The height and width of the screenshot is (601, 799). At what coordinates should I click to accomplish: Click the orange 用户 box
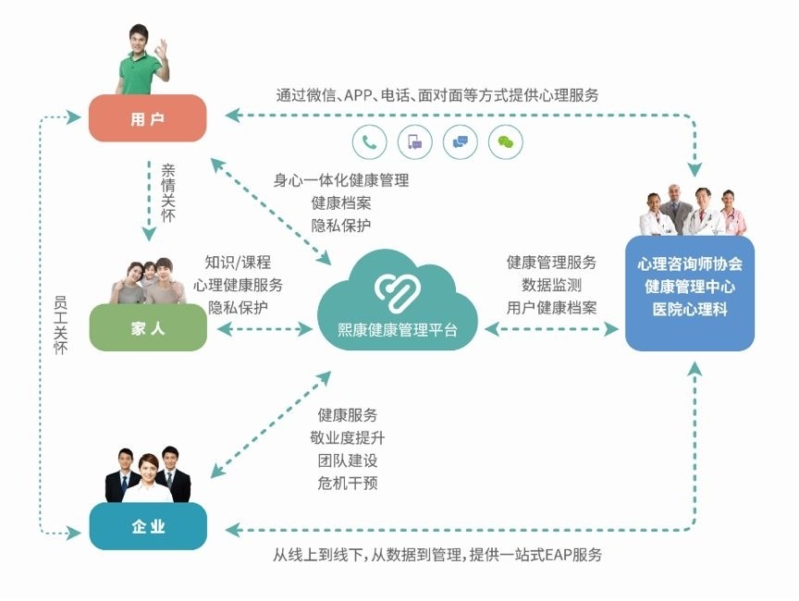pyautogui.click(x=147, y=118)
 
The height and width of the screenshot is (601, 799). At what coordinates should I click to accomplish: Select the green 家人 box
pyautogui.click(x=148, y=327)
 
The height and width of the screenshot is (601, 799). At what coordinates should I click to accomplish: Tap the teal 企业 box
pyautogui.click(x=148, y=527)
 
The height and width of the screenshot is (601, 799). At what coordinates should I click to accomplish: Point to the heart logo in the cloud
pyautogui.click(x=398, y=288)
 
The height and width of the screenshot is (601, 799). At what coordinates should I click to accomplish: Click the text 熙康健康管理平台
pyautogui.click(x=398, y=329)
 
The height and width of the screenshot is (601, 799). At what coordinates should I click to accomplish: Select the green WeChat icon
pyautogui.click(x=505, y=141)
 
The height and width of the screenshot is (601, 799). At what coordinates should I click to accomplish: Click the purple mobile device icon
pyautogui.click(x=415, y=141)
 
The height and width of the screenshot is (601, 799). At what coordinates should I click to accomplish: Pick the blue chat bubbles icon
pyautogui.click(x=461, y=141)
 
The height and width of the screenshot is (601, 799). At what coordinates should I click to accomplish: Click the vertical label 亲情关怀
pyautogui.click(x=167, y=192)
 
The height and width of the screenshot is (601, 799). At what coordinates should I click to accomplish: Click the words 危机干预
pyautogui.click(x=348, y=483)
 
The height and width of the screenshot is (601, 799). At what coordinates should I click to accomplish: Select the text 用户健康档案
pyautogui.click(x=551, y=307)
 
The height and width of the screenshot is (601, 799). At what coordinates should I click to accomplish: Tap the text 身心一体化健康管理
pyautogui.click(x=340, y=180)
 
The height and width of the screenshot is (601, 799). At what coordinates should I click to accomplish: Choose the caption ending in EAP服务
pyautogui.click(x=436, y=555)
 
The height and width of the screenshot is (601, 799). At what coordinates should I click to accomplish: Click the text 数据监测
pyautogui.click(x=551, y=285)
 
